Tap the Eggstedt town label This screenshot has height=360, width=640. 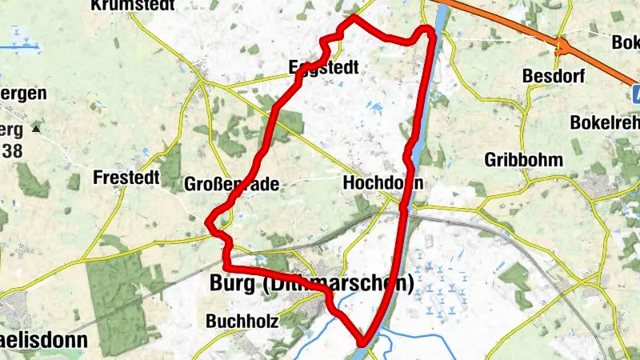(x=323, y=69)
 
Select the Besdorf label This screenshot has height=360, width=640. (x=554, y=76)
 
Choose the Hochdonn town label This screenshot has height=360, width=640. (x=382, y=182)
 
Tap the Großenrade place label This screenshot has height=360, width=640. (x=231, y=185)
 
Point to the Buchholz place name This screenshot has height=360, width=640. (x=242, y=322)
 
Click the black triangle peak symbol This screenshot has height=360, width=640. (x=35, y=128)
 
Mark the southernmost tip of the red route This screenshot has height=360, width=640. (x=364, y=343)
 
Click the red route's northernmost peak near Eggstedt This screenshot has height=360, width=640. (x=353, y=16)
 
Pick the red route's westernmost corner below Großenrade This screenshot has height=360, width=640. (x=210, y=223)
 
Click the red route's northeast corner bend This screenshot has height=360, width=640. (x=430, y=30)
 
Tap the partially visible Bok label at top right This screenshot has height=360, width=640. (x=625, y=41)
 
